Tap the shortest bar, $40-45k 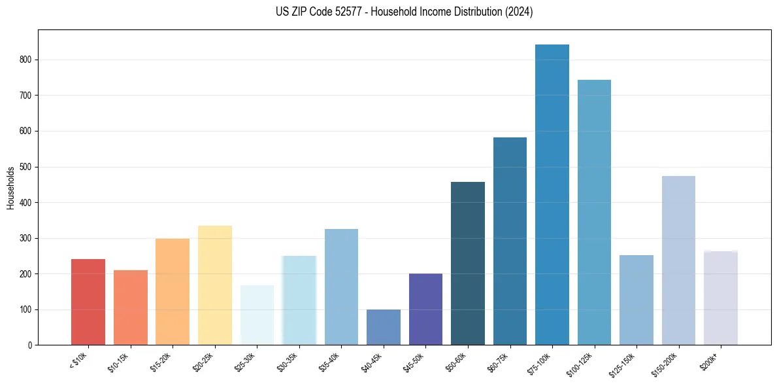click(x=384, y=327)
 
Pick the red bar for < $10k click(x=88, y=302)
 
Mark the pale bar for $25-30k click(x=257, y=315)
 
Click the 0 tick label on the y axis click(x=30, y=345)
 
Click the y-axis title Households click(x=10, y=188)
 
